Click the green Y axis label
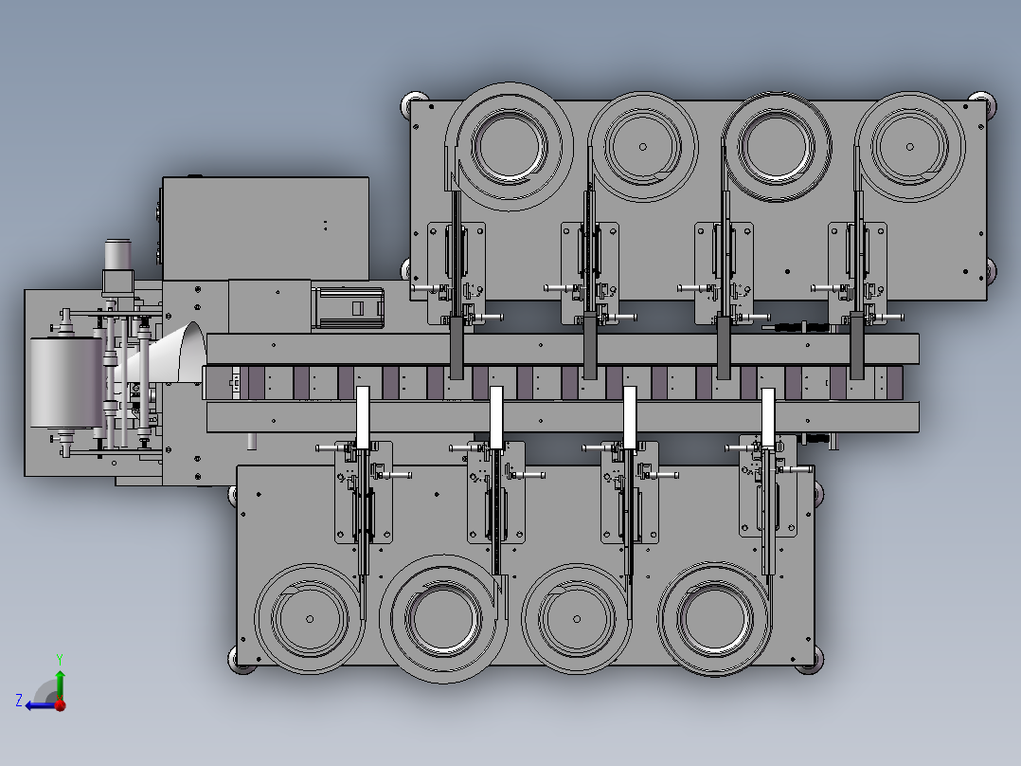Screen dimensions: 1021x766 coord(60,659)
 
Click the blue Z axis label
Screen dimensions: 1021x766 coord(19,701)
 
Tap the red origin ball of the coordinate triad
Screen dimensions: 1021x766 coord(60,704)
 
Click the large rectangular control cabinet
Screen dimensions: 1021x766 coord(265,228)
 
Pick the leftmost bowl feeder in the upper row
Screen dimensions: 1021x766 coord(510,146)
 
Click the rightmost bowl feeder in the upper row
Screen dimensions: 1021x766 coord(909,147)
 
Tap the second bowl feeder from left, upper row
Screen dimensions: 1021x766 coord(643,147)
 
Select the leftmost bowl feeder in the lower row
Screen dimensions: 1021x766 coord(310,619)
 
